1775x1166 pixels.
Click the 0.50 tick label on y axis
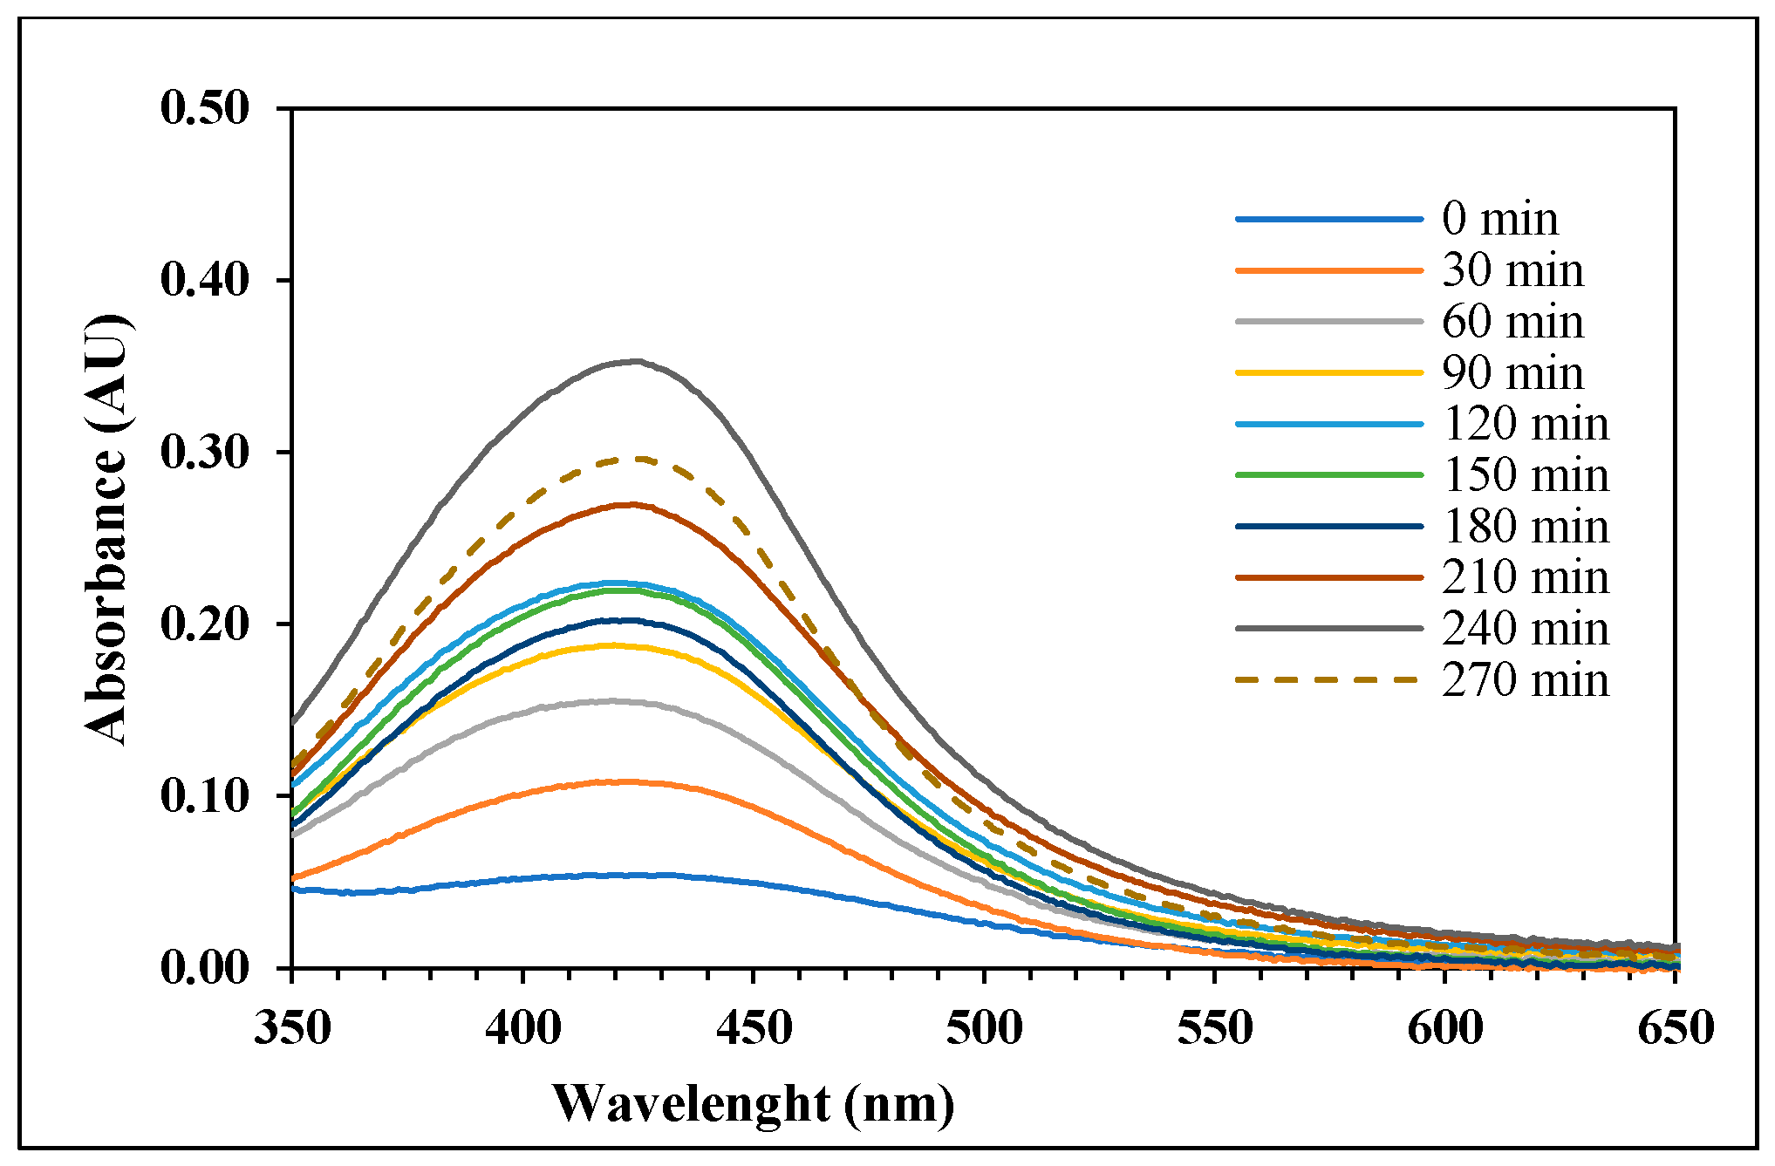(x=204, y=109)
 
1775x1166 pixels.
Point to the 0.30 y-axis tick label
(x=204, y=453)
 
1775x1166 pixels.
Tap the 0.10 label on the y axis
(x=204, y=796)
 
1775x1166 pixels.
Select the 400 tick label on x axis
(x=523, y=1029)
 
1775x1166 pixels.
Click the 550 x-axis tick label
(x=1215, y=1029)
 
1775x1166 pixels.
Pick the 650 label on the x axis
(x=1676, y=1029)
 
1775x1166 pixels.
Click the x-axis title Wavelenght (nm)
(x=754, y=1105)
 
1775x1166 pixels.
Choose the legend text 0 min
(x=1499, y=219)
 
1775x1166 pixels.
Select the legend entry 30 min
(x=1512, y=270)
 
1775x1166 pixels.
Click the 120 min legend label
(x=1525, y=425)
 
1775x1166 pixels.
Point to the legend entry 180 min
(x=1525, y=527)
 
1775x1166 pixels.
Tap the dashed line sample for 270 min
(x=1328, y=679)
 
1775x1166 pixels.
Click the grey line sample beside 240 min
(x=1328, y=628)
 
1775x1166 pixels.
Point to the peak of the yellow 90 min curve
(x=615, y=645)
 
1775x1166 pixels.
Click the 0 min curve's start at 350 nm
(x=294, y=890)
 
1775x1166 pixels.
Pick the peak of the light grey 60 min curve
(x=613, y=700)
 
